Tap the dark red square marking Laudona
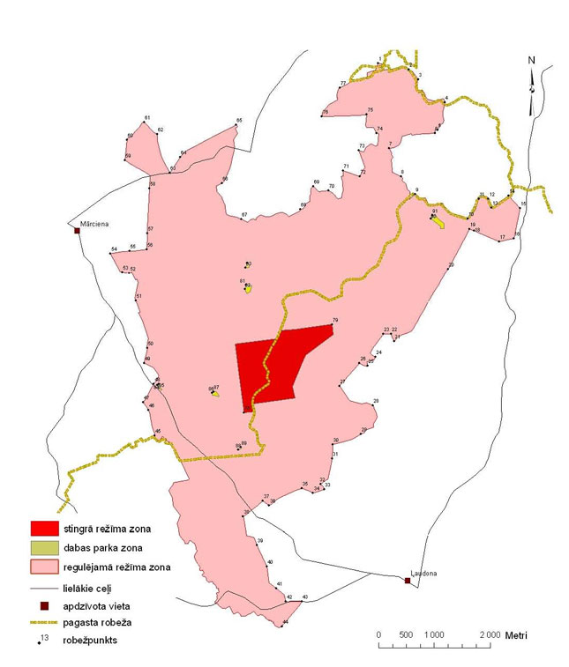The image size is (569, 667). coord(407,580)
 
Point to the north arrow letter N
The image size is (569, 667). coord(531,61)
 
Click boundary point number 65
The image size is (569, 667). coord(238,121)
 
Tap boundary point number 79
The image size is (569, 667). coord(334,321)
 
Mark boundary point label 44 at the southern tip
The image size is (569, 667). coord(285,623)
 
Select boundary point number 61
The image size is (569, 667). coord(147,118)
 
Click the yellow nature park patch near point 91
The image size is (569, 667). coord(438,222)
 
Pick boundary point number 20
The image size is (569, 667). coord(451,265)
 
